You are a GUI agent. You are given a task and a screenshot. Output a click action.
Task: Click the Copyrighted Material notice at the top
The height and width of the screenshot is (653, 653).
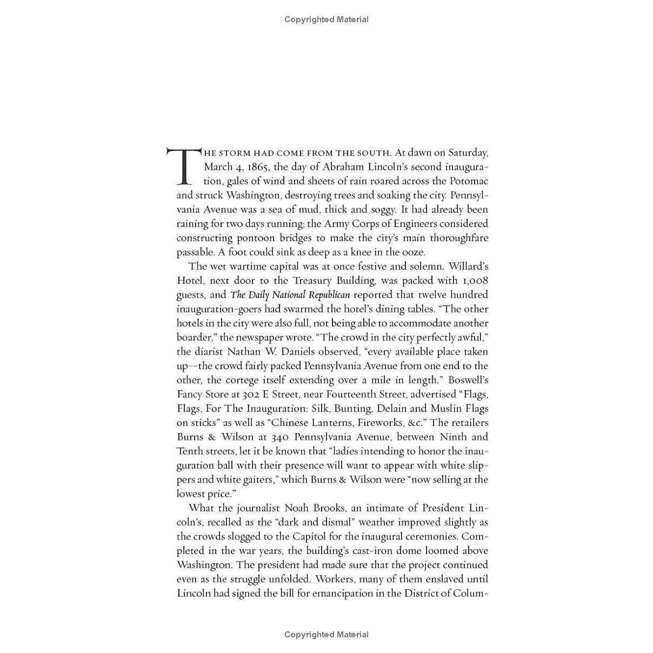click(326, 19)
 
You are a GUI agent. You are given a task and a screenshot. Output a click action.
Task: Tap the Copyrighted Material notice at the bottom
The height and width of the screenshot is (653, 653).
click(326, 635)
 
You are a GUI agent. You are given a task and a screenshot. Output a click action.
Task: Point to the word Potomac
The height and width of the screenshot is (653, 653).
click(468, 181)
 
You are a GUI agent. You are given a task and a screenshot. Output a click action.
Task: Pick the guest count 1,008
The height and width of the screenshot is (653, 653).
click(475, 281)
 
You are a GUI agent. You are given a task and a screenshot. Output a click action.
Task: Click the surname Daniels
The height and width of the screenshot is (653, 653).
click(306, 352)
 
